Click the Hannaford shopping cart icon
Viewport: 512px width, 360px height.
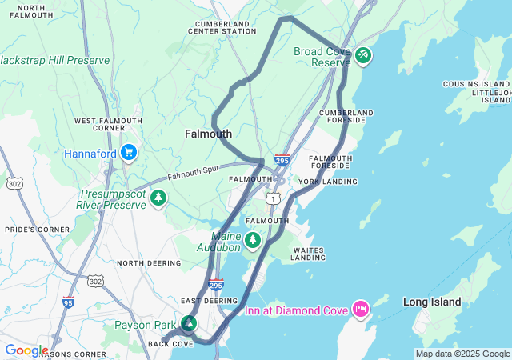(128, 153)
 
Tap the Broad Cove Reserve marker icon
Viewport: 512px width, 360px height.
(363, 54)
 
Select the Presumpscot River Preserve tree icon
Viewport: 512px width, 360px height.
(159, 197)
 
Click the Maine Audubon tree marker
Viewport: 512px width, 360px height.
(254, 239)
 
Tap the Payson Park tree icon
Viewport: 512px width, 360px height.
(190, 324)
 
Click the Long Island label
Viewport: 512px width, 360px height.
(432, 302)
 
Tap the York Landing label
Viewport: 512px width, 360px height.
(328, 182)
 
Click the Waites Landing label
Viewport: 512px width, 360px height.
(308, 254)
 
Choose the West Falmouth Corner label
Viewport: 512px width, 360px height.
(108, 124)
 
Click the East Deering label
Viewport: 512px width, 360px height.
(210, 301)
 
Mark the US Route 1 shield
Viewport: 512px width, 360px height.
(274, 198)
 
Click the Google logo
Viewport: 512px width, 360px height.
(26, 350)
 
